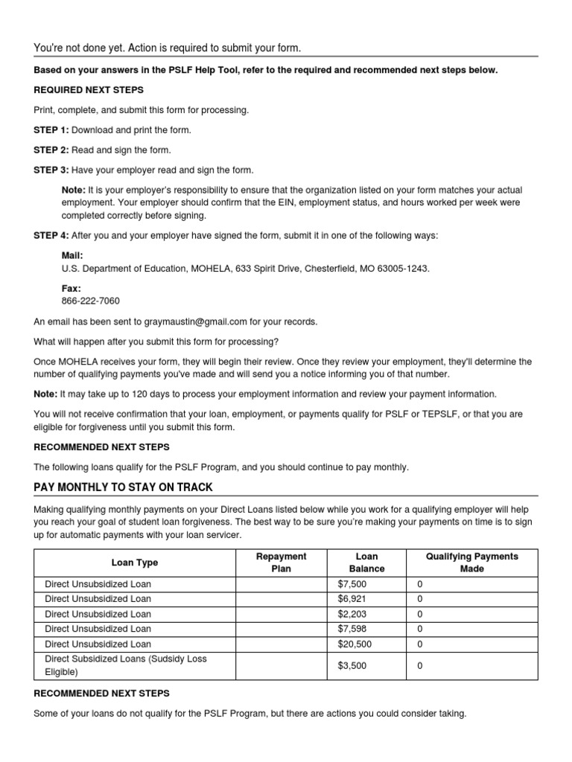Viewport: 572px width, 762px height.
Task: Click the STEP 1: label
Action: click(51, 130)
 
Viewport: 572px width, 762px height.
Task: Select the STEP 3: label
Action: click(51, 170)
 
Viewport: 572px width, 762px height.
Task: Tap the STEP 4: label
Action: click(51, 236)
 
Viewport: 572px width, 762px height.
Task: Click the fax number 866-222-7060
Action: click(90, 301)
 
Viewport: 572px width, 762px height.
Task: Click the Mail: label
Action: click(72, 255)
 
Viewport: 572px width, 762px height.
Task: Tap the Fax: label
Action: click(71, 288)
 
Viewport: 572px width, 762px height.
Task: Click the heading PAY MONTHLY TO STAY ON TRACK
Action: click(123, 487)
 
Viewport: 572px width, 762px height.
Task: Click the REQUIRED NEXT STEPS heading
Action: click(89, 90)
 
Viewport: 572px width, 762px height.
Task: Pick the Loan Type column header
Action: click(135, 563)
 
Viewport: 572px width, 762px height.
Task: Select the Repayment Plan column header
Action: click(281, 563)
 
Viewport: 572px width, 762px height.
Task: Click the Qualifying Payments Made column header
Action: click(471, 563)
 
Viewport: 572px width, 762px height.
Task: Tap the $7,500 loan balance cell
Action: click(352, 584)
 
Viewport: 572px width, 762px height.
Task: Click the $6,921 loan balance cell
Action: click(352, 599)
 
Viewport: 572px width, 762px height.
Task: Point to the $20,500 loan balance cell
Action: click(355, 644)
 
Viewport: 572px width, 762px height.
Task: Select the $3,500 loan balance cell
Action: click(352, 666)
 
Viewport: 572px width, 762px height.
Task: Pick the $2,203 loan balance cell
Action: click(352, 615)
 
